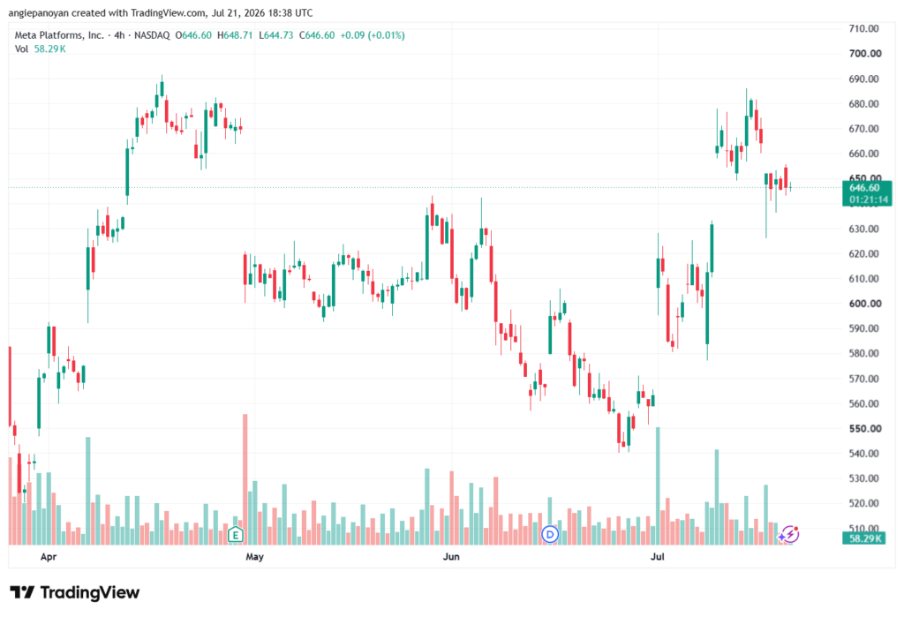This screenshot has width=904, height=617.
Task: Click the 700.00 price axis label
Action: pyautogui.click(x=865, y=54)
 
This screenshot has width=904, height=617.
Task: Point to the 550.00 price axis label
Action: pyautogui.click(x=865, y=428)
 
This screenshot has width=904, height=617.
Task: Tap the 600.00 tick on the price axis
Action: pyautogui.click(x=865, y=304)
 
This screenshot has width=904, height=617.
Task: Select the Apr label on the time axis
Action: pyautogui.click(x=49, y=556)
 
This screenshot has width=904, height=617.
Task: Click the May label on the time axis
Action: pyautogui.click(x=254, y=556)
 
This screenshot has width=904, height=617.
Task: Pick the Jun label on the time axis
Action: pyautogui.click(x=451, y=556)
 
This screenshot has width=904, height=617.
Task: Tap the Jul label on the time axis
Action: pyautogui.click(x=657, y=556)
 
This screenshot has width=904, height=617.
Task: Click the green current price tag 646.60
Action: pyautogui.click(x=867, y=193)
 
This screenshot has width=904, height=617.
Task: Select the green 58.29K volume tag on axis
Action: pyautogui.click(x=863, y=538)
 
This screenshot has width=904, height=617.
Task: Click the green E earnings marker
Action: pyautogui.click(x=235, y=535)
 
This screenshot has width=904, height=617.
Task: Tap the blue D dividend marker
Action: pyautogui.click(x=550, y=535)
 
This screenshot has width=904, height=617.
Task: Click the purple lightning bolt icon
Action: pyautogui.click(x=788, y=535)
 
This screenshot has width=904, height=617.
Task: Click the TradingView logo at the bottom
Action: pyautogui.click(x=75, y=592)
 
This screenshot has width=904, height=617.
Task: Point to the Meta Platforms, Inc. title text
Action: pyautogui.click(x=59, y=35)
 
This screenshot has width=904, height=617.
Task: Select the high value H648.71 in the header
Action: pyautogui.click(x=235, y=35)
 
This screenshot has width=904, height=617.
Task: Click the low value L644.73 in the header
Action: pyautogui.click(x=275, y=35)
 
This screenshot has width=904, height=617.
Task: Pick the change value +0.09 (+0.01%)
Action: pyautogui.click(x=373, y=35)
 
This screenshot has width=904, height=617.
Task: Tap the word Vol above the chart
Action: pyautogui.click(x=21, y=49)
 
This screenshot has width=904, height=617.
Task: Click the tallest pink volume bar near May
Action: pyautogui.click(x=245, y=479)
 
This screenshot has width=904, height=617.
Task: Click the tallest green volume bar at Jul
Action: pyautogui.click(x=658, y=486)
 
